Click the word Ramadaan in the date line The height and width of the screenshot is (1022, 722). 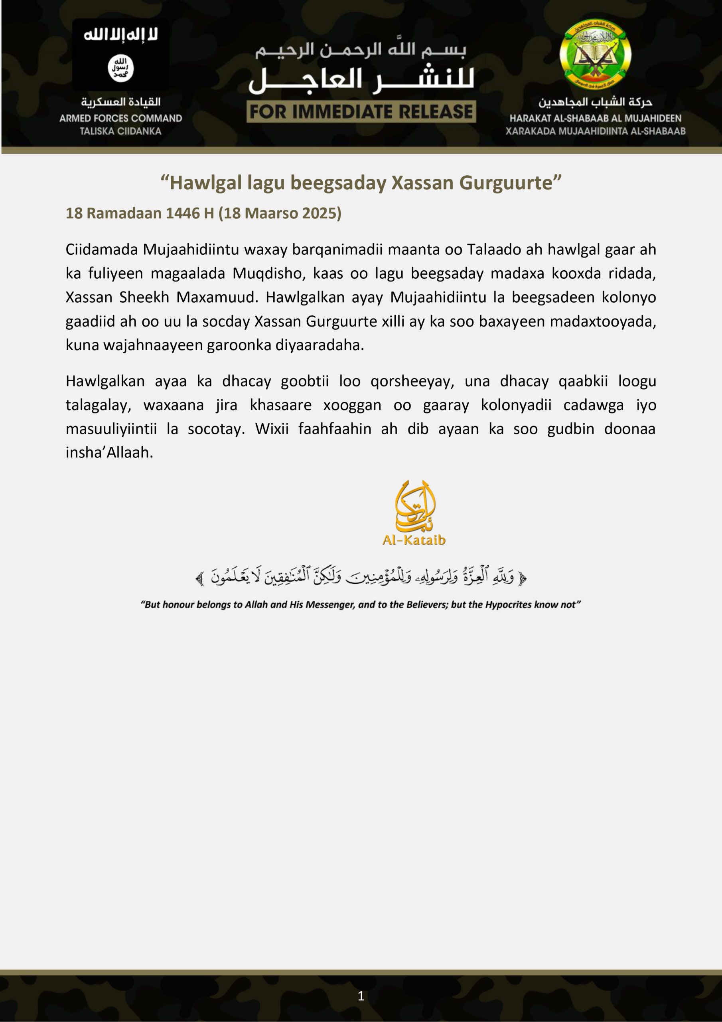[x=124, y=213]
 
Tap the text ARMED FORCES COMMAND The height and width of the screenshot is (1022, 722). [x=120, y=119]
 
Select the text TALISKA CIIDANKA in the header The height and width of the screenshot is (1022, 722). [x=120, y=131]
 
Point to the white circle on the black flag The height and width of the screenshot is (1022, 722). [x=120, y=69]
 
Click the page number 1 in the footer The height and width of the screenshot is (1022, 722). [x=361, y=996]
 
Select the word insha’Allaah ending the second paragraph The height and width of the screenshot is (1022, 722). [x=109, y=453]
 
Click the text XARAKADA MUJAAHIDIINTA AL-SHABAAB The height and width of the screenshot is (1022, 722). [x=595, y=131]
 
